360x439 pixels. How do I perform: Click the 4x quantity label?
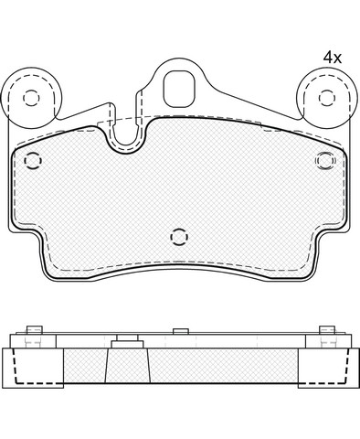[x=333, y=58]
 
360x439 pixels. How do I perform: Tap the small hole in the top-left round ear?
[x=31, y=98]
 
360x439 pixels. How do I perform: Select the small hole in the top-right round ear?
[x=327, y=98]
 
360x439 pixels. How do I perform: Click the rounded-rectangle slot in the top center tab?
[x=179, y=89]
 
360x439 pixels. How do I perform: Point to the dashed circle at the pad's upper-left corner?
[x=33, y=160]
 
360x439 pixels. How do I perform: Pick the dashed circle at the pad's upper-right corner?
[x=325, y=160]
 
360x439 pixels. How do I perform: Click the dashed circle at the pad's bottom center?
[x=179, y=237]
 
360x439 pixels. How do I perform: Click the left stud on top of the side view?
[x=34, y=330]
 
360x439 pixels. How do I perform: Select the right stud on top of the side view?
[x=327, y=330]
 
